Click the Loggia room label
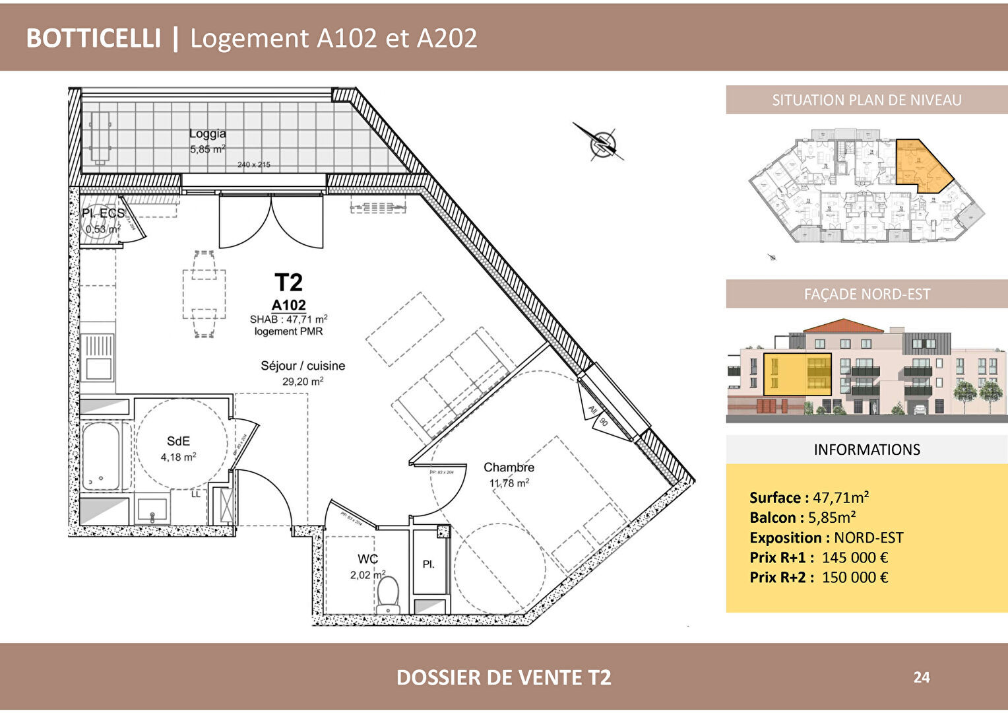click(x=207, y=133)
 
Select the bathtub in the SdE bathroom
click(x=101, y=456)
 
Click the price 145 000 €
click(x=854, y=557)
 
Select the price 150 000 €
click(x=854, y=577)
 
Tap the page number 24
click(x=922, y=677)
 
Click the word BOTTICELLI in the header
click(x=93, y=38)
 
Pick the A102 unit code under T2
click(x=288, y=305)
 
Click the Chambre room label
click(x=509, y=467)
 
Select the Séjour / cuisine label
click(x=303, y=366)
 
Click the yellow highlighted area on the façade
click(x=797, y=374)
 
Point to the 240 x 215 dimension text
click(x=254, y=164)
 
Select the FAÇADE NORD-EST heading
click(x=866, y=294)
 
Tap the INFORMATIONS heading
click(x=866, y=450)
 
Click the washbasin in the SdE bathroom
click(x=152, y=510)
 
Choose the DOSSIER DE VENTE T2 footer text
click(x=503, y=677)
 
